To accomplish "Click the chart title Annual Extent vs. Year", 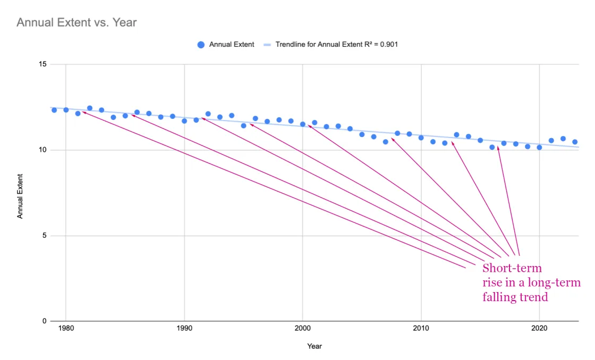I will tap(76, 22).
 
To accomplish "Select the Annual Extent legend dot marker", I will tap(201, 45).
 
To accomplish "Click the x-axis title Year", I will tap(314, 346).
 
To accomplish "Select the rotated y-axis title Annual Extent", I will tap(20, 196).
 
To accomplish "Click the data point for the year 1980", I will tap(66, 110).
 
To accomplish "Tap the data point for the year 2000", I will tap(303, 124).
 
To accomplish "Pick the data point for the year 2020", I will tap(540, 148).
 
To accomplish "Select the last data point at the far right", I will tap(575, 142).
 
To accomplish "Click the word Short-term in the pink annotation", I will tap(512, 268).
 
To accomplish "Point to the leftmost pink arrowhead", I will tap(83, 112).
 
